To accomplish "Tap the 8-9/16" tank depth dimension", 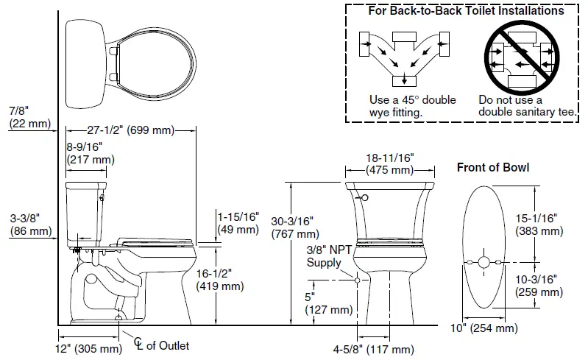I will click(91, 152).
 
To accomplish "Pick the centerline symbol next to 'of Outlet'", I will click(138, 343).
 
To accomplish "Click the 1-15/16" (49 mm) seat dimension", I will click(238, 222).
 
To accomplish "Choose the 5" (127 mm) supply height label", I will click(328, 303).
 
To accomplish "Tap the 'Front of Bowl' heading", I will click(492, 167).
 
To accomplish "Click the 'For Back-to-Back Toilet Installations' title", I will click(466, 10).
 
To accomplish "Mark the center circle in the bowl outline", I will click(483, 261).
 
